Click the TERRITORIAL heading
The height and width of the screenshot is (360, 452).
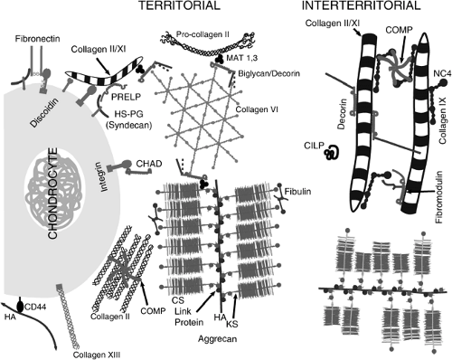pos(179,5)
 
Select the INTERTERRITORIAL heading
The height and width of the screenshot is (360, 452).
pos(361,5)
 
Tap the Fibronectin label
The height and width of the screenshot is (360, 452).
pos(38,39)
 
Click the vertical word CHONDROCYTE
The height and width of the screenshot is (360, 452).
pos(53,194)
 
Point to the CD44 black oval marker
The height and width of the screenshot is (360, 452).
pos(20,306)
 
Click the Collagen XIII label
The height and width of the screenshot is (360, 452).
pos(97,355)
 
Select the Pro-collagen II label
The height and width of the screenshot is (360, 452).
pos(202,34)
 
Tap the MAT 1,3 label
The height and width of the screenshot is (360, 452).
pos(242,58)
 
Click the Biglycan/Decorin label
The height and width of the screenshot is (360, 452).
pos(268,73)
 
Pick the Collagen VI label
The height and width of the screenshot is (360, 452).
pos(257,109)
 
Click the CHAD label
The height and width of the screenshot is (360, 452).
pos(149,164)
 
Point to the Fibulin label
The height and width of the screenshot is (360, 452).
pos(297,191)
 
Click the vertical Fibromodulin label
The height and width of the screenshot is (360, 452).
pos(439,197)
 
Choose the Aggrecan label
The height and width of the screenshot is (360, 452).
pos(217,339)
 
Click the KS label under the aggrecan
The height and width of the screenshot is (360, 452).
pos(232,324)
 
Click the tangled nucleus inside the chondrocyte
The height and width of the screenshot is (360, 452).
pos(54,194)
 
